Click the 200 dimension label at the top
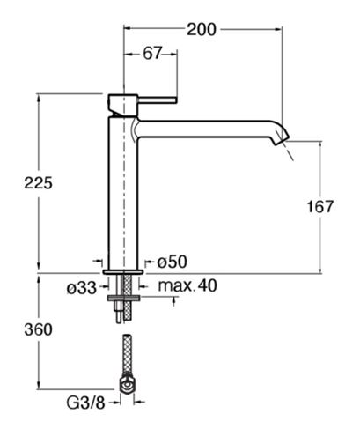click(x=202, y=30)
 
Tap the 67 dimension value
click(x=152, y=54)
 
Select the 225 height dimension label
click(x=38, y=183)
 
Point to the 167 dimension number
click(x=320, y=207)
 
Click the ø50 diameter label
click(x=172, y=262)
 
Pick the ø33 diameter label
click(x=82, y=288)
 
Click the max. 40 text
click(x=187, y=285)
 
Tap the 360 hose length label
click(x=39, y=329)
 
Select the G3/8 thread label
click(x=85, y=403)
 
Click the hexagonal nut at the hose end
click(x=127, y=385)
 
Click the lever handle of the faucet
click(x=158, y=100)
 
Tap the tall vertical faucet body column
click(x=123, y=193)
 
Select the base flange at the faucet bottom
click(x=123, y=272)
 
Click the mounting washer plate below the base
click(x=124, y=299)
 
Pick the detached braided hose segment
click(x=127, y=355)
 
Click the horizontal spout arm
click(x=205, y=129)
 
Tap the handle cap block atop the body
click(x=123, y=105)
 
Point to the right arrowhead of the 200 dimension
click(x=278, y=29)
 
